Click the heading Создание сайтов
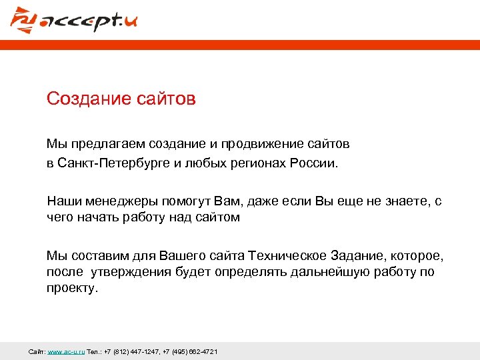pos(121,99)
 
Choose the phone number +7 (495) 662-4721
pos(190,351)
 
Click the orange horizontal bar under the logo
pos(240,45)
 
